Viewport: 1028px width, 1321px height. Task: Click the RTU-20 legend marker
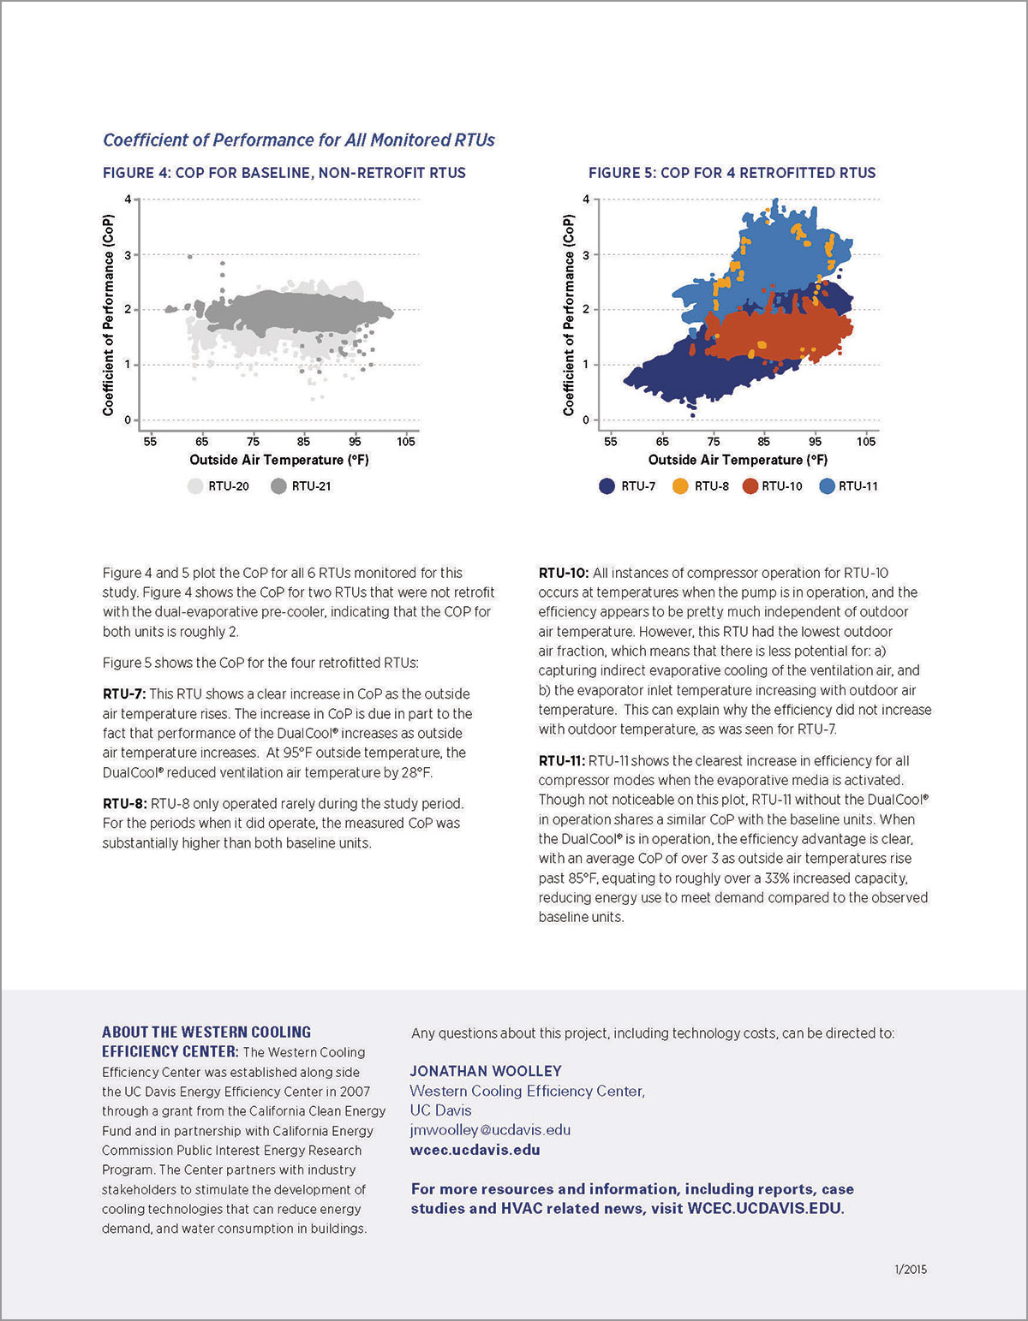(x=195, y=486)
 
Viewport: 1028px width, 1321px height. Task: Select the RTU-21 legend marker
(x=278, y=486)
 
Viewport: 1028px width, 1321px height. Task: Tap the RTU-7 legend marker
(x=607, y=486)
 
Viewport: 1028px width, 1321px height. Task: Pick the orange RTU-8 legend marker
(x=681, y=486)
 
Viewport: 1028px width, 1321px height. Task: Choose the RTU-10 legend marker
(x=750, y=486)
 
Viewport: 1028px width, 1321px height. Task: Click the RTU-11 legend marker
(x=828, y=486)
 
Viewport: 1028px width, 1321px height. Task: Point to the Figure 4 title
(x=284, y=173)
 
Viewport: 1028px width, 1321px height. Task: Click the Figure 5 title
(x=732, y=173)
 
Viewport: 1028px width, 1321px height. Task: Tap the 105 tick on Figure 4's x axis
(x=406, y=442)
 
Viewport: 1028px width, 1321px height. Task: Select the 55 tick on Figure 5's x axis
(x=610, y=442)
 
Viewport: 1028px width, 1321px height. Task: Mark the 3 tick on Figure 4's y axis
(x=128, y=255)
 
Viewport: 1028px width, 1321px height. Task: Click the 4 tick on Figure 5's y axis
(x=586, y=199)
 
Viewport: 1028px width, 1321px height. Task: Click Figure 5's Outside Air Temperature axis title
(x=738, y=460)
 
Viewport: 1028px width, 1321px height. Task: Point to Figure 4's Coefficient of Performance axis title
(x=108, y=315)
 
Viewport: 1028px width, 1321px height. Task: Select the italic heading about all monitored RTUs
(x=299, y=140)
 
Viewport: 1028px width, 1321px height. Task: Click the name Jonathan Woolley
(x=486, y=1070)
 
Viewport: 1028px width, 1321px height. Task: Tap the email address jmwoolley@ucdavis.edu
(x=490, y=1129)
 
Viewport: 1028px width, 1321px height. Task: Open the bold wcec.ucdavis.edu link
(x=475, y=1149)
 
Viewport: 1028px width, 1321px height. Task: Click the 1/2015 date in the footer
(x=911, y=1269)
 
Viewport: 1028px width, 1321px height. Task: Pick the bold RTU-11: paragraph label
(x=561, y=760)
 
